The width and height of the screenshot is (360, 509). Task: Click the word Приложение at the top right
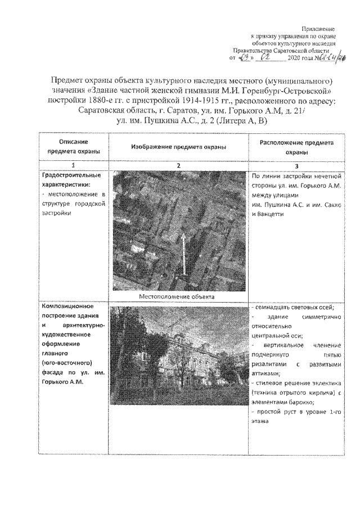(318, 29)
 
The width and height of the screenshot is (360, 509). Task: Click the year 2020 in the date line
(294, 58)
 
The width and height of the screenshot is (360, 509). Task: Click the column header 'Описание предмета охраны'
(70, 147)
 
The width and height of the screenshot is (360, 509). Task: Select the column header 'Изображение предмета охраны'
(178, 147)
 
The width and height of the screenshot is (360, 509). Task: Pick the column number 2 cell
(178, 165)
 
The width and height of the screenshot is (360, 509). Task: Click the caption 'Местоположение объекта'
(178, 296)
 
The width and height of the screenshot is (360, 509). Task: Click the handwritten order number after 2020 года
(325, 58)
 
